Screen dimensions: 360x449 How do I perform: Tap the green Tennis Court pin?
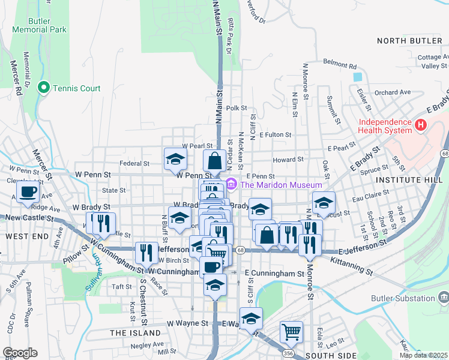[43, 88]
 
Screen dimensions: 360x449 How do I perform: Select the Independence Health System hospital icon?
[420, 126]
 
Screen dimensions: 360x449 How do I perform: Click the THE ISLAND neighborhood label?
[135, 332]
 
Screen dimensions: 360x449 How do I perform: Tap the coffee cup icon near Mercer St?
[28, 193]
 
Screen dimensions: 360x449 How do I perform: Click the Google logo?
[20, 353]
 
